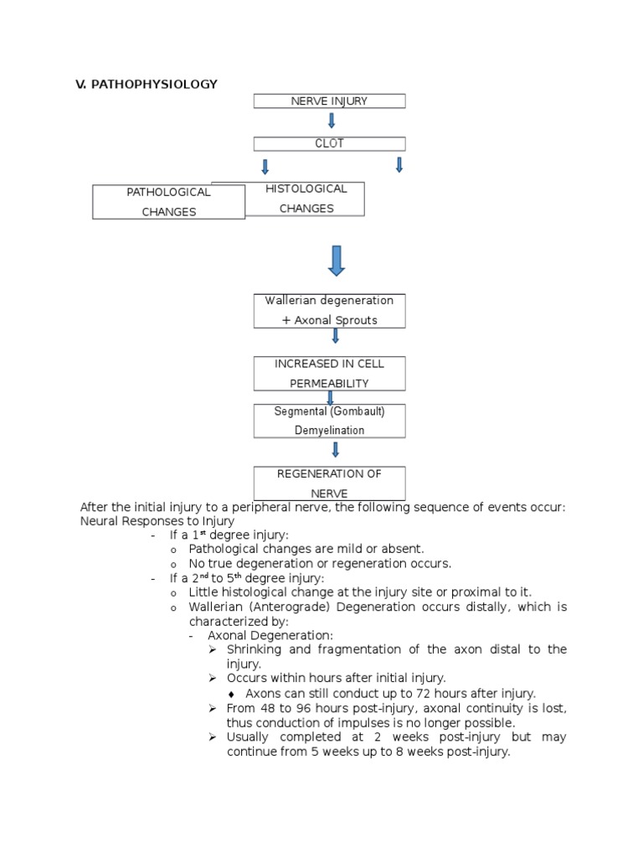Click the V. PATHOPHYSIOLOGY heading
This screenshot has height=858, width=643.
(x=147, y=85)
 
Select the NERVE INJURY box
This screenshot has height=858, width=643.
(x=329, y=101)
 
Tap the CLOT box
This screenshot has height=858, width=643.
(x=329, y=144)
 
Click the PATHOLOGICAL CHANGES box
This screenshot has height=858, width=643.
(x=168, y=202)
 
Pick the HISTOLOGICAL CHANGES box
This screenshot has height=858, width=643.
(x=305, y=199)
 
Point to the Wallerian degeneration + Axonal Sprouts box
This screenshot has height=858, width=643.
(x=329, y=311)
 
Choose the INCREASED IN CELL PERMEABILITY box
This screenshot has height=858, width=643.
(x=329, y=374)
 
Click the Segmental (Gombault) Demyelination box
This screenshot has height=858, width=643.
(x=329, y=421)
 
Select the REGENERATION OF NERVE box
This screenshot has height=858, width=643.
(x=329, y=483)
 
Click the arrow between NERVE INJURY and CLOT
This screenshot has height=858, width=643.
(x=332, y=121)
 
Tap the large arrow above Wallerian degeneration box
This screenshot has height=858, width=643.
(x=337, y=261)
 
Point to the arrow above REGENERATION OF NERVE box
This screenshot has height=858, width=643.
(x=336, y=450)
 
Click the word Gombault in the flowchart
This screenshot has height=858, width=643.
(x=357, y=411)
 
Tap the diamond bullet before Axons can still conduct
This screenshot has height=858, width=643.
(x=231, y=695)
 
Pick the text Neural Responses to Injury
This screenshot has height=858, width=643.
(x=157, y=521)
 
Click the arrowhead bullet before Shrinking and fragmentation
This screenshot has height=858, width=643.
(x=213, y=649)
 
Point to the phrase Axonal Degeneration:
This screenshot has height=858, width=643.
(x=270, y=635)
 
